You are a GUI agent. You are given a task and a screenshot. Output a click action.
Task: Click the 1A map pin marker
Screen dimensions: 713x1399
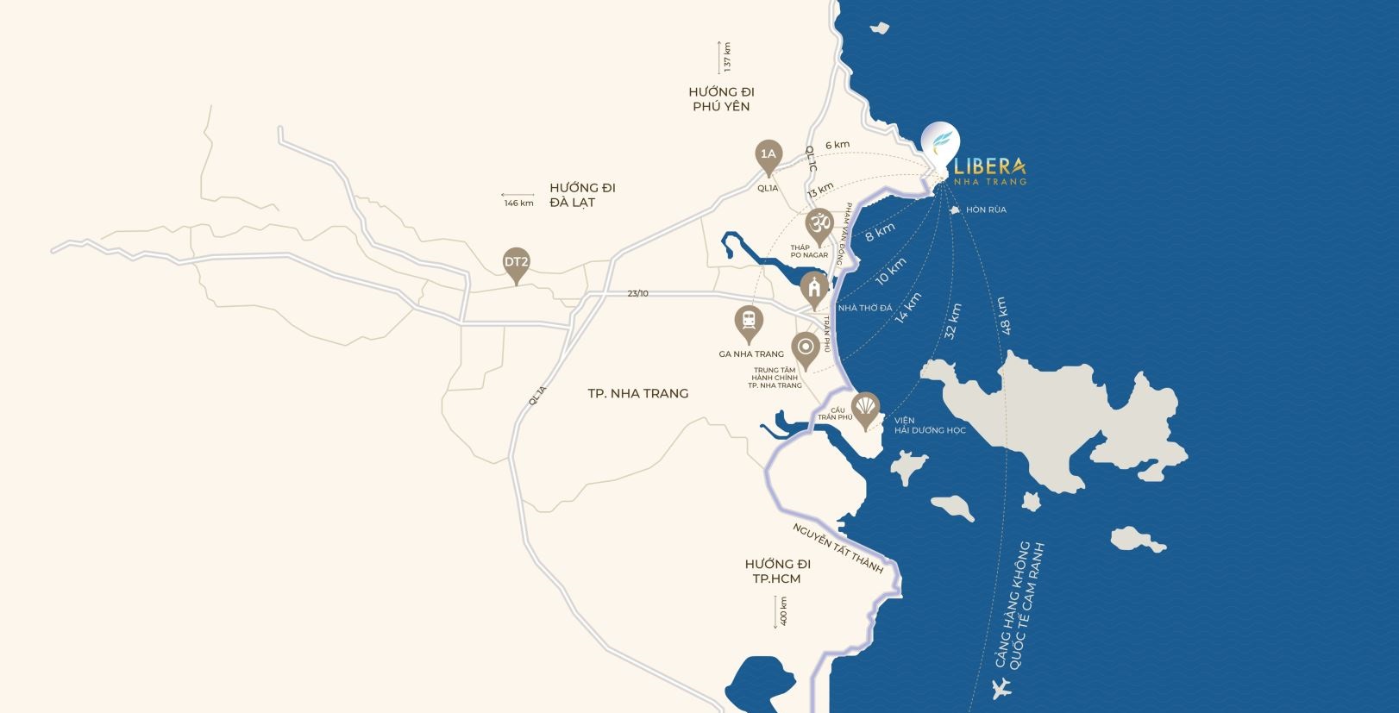[768, 156]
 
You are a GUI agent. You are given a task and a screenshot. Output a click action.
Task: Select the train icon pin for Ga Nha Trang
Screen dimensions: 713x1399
[749, 322]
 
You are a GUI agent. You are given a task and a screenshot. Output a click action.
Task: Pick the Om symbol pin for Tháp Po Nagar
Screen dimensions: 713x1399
[819, 224]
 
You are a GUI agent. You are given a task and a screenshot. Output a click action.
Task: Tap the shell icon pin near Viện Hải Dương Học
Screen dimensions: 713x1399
[865, 406]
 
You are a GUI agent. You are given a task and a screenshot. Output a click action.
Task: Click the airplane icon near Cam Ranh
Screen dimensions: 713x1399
[1002, 689]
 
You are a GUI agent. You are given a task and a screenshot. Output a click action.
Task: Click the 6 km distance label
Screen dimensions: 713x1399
[837, 145]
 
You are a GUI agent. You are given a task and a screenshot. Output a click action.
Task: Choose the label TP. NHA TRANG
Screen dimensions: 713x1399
[637, 393]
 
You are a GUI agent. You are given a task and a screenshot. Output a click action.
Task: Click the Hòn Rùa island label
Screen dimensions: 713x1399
[986, 210]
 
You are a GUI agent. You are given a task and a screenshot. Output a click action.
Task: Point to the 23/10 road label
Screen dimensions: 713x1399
[637, 294]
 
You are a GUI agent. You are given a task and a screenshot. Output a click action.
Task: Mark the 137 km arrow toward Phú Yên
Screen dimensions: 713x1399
[719, 57]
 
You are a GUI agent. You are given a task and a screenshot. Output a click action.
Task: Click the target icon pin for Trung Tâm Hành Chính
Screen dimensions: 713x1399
[805, 347]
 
